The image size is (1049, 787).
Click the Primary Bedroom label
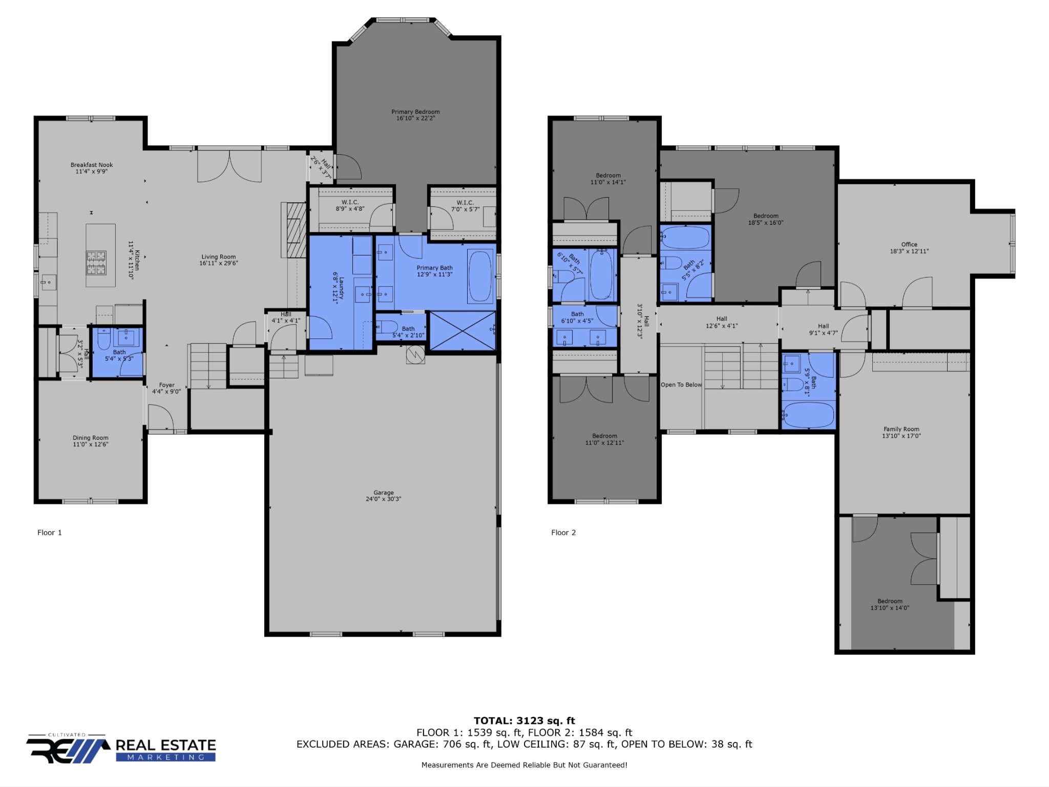[415, 112]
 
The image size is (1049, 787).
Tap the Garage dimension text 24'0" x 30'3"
[383, 499]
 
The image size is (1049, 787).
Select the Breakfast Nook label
[92, 165]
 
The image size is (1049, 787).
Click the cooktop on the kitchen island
[96, 262]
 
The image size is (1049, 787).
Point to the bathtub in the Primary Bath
[480, 276]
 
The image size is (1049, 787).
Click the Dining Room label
[91, 438]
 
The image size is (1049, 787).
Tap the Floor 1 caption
[50, 533]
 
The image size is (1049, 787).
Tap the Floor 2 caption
[563, 533]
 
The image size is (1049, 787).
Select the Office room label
[909, 245]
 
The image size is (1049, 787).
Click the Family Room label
[901, 430]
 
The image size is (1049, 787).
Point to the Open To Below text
[681, 385]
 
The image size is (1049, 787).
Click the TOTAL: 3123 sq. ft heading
[524, 721]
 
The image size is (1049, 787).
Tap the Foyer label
[166, 385]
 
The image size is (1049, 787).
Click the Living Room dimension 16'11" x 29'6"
[219, 263]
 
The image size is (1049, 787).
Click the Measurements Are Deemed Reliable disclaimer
[524, 765]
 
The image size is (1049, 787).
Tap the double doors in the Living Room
[229, 165]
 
